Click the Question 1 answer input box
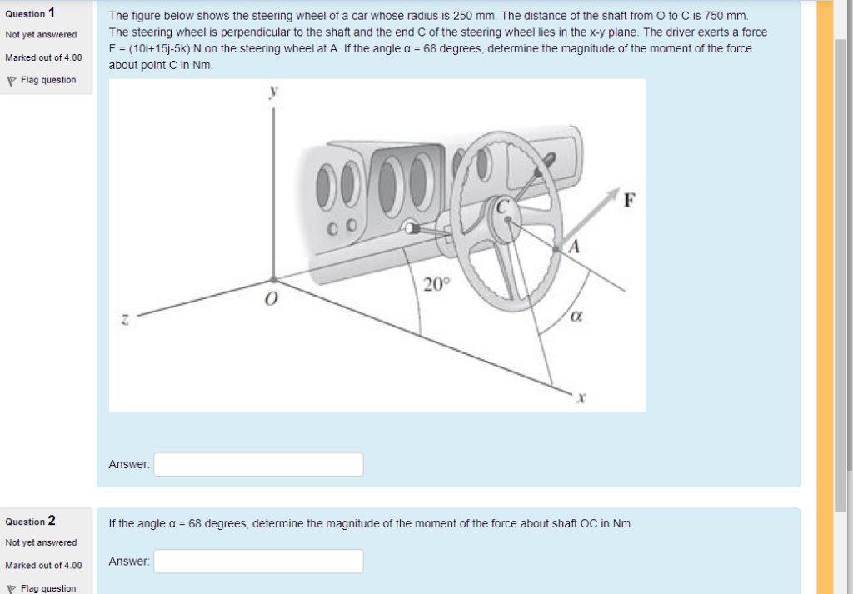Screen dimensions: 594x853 [x=258, y=464]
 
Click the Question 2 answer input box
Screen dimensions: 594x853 [x=258, y=562]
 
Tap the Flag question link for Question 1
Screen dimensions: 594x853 [x=47, y=80]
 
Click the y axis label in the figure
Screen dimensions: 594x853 [x=272, y=93]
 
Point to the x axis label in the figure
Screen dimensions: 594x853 [x=582, y=399]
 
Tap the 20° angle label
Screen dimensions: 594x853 [x=436, y=285]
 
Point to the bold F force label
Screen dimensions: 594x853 [x=630, y=199]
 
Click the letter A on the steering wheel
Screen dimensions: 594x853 [x=573, y=247]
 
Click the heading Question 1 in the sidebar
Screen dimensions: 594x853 [x=30, y=13]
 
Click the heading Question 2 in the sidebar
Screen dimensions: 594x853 [x=30, y=522]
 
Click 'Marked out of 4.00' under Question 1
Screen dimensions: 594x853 [x=43, y=57]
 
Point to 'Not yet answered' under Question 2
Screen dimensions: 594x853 [x=41, y=542]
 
